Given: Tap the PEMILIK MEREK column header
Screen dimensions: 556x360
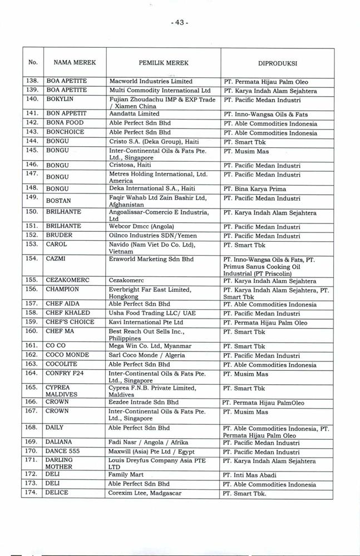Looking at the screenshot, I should pos(162,63).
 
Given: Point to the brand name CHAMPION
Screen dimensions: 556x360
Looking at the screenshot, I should pos(62,289).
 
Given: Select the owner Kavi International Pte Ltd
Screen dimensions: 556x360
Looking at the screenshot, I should pos(146,322).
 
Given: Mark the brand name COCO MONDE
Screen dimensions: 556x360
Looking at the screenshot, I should pos(67,355).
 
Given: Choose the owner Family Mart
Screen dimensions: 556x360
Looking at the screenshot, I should pos(126,475).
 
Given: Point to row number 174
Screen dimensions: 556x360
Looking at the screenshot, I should pos(31,493).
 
